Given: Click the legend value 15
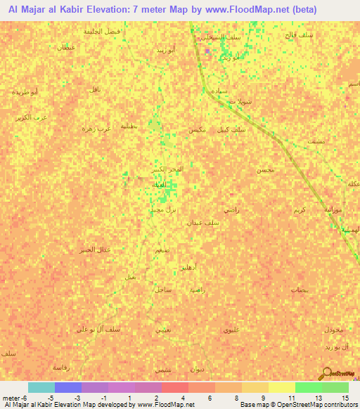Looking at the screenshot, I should click(347, 398).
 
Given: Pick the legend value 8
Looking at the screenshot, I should click(241, 398).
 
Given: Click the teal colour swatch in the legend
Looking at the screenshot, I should click(41, 387).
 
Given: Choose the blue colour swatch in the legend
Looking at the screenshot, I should click(67, 387).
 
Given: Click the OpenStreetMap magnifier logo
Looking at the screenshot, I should click(328, 374).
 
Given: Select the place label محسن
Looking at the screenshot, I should click(266, 170).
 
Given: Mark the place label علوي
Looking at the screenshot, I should click(231, 329).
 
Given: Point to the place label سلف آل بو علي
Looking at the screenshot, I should click(82, 330).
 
